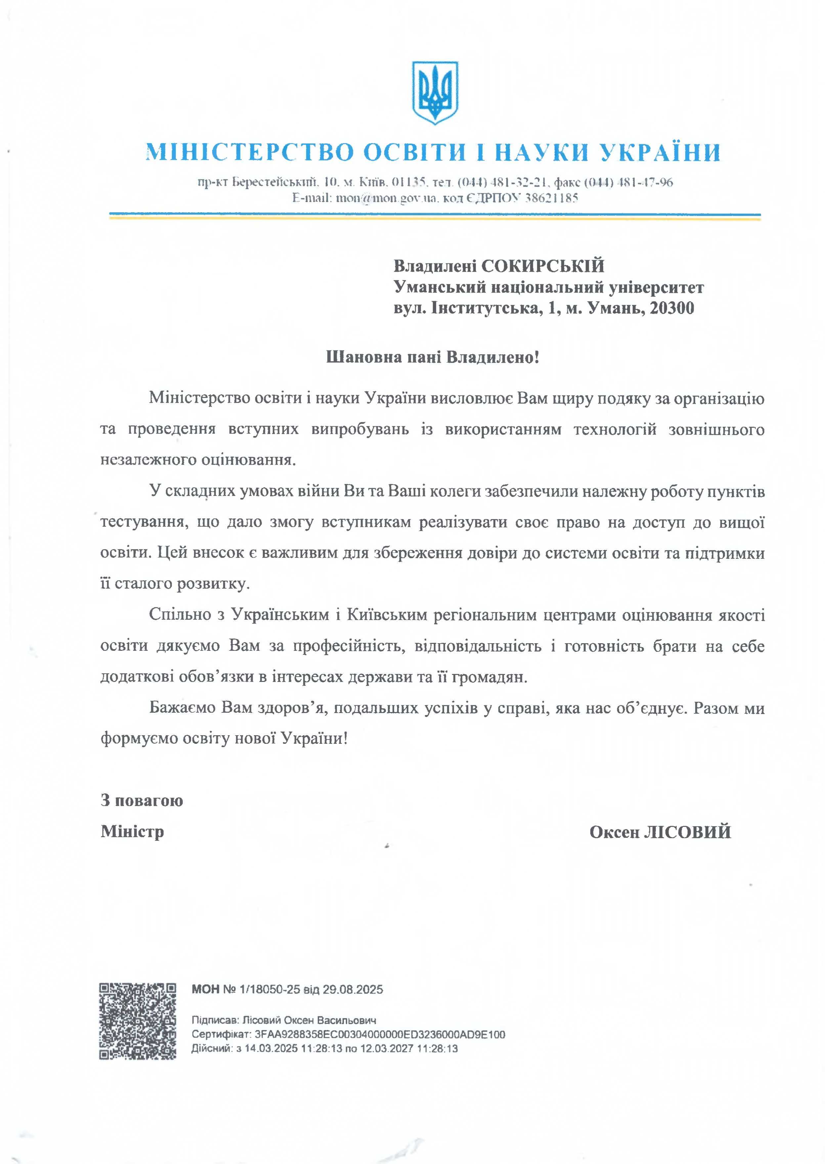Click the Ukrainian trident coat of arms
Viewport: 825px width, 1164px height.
pyautogui.click(x=435, y=92)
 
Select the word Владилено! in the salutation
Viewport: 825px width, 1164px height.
pyautogui.click(x=492, y=357)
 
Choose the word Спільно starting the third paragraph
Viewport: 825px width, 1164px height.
pyautogui.click(x=180, y=614)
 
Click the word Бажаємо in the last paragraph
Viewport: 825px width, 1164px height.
pyautogui.click(x=182, y=707)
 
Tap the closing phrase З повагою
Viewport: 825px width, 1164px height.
pyautogui.click(x=142, y=800)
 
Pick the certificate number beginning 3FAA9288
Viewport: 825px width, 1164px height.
pyautogui.click(x=379, y=1034)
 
